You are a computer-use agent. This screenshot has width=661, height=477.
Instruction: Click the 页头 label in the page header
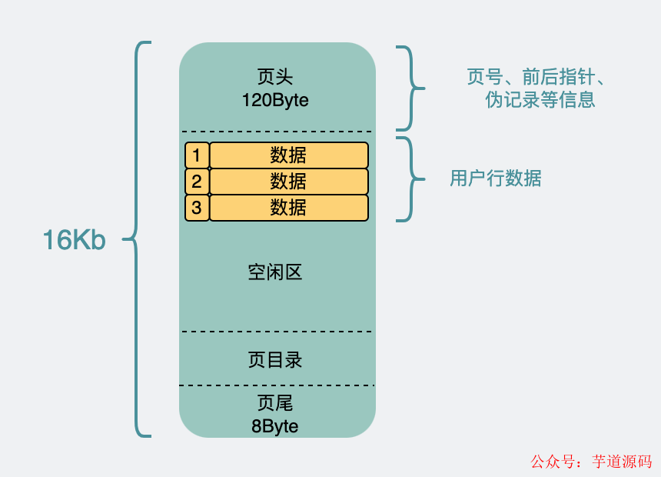point(275,78)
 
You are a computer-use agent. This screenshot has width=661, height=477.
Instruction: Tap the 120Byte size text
point(275,100)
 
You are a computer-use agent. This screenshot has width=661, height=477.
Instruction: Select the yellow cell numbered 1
point(197,155)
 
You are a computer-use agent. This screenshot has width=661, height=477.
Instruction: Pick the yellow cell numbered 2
point(197,182)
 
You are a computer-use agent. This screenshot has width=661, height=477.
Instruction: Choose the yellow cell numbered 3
point(197,208)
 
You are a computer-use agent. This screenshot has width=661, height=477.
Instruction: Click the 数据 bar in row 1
point(288,155)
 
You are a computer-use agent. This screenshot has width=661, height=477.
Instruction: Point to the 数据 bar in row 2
point(288,182)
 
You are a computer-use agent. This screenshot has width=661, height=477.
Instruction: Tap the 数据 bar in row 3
point(288,208)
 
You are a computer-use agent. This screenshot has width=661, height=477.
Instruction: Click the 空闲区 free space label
point(275,272)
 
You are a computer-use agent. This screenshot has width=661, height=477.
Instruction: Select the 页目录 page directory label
point(275,360)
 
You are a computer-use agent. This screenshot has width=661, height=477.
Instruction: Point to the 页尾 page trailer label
point(275,404)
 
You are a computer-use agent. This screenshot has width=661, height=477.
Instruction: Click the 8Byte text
point(275,425)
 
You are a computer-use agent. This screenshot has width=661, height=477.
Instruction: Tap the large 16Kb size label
point(74,241)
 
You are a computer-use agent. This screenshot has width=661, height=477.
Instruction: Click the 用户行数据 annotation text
point(496,178)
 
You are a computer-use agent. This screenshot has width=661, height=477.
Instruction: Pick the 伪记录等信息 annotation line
point(540,100)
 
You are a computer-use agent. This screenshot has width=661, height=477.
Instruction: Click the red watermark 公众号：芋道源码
point(591,462)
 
